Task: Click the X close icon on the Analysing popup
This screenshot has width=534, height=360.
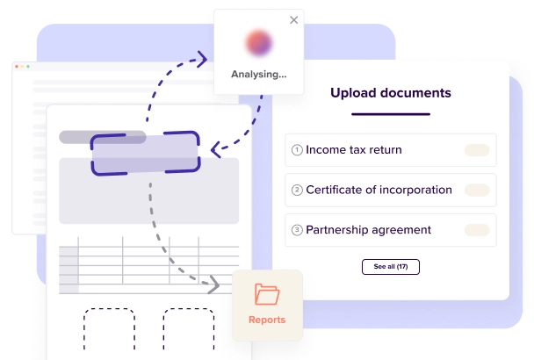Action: pos(293,19)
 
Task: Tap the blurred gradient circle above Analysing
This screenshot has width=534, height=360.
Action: pos(258,43)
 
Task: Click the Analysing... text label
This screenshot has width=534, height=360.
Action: pos(258,75)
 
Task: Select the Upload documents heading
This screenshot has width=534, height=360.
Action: pos(391,92)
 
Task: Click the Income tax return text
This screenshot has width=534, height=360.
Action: pos(354,150)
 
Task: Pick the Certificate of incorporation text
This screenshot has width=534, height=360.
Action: pos(379,190)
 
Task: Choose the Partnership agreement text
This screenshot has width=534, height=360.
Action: pos(368,230)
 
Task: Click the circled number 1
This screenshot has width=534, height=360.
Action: pos(297,150)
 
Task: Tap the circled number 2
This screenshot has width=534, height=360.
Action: pos(297,191)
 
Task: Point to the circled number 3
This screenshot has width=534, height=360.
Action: pos(297,230)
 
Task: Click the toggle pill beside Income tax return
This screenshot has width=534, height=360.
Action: pos(477,150)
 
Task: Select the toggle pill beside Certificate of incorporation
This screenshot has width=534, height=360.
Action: pos(477,190)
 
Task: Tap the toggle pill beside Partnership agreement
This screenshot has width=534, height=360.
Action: pos(477,230)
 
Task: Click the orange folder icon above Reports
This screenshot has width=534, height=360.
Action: pos(266,294)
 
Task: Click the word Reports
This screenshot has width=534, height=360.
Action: pos(267,320)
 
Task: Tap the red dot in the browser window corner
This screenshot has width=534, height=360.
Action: pos(13,67)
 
